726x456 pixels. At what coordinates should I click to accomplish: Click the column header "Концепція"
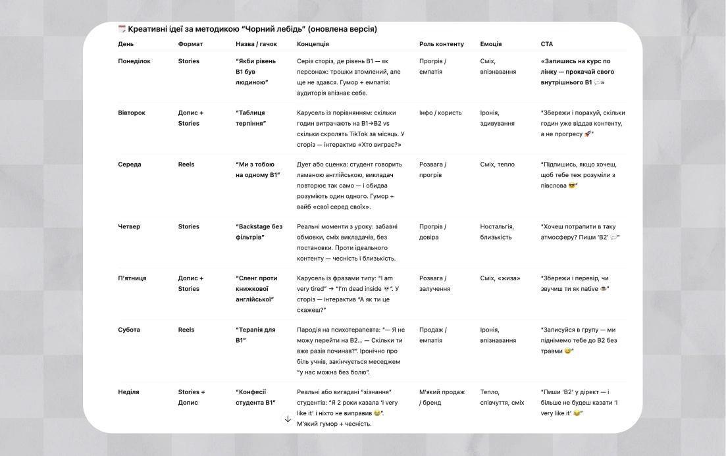pos(313,44)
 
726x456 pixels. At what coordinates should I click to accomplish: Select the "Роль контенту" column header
pos(441,44)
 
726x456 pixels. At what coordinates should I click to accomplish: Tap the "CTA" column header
pos(547,44)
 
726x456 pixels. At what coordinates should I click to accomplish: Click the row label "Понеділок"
pos(134,61)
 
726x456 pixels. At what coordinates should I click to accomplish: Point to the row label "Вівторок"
pos(132,113)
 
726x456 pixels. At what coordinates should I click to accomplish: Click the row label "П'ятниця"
pos(132,278)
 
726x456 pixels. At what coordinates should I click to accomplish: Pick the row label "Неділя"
pos(128,392)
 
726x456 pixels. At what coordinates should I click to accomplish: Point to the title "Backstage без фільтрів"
pos(259,232)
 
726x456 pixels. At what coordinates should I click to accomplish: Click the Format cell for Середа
pos(186,165)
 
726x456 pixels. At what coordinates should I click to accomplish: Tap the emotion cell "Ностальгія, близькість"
pos(497,232)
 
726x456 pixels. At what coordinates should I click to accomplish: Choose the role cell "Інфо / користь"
pos(440,113)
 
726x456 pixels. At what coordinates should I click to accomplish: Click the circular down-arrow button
pos(287,418)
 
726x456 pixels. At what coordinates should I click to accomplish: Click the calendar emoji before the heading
pos(122,29)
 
